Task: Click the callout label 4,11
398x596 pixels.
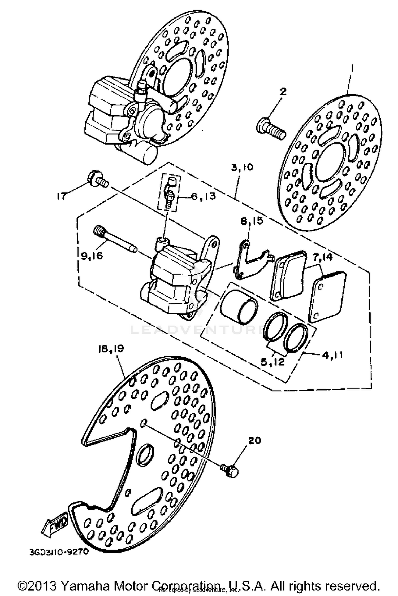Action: pos(332,355)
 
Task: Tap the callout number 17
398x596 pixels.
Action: pos(62,196)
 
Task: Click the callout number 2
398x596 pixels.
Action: pos(283,92)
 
